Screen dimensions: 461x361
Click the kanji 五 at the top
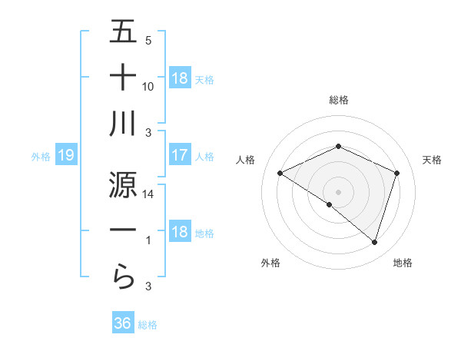(124, 32)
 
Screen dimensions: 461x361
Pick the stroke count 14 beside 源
(148, 195)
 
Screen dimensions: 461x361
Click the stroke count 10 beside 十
(148, 87)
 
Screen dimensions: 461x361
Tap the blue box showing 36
(123, 323)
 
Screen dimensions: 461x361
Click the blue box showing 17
(180, 156)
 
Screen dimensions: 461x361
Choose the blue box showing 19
(65, 156)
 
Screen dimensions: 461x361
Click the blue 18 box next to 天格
(180, 78)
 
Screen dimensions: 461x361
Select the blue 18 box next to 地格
(180, 233)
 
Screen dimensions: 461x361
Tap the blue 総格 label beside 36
(148, 325)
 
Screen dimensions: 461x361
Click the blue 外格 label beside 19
(41, 157)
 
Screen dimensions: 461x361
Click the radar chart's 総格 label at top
(339, 100)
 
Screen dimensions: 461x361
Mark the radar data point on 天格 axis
(397, 174)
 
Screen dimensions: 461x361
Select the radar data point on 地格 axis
(374, 243)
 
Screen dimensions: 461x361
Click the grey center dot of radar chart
(338, 191)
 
